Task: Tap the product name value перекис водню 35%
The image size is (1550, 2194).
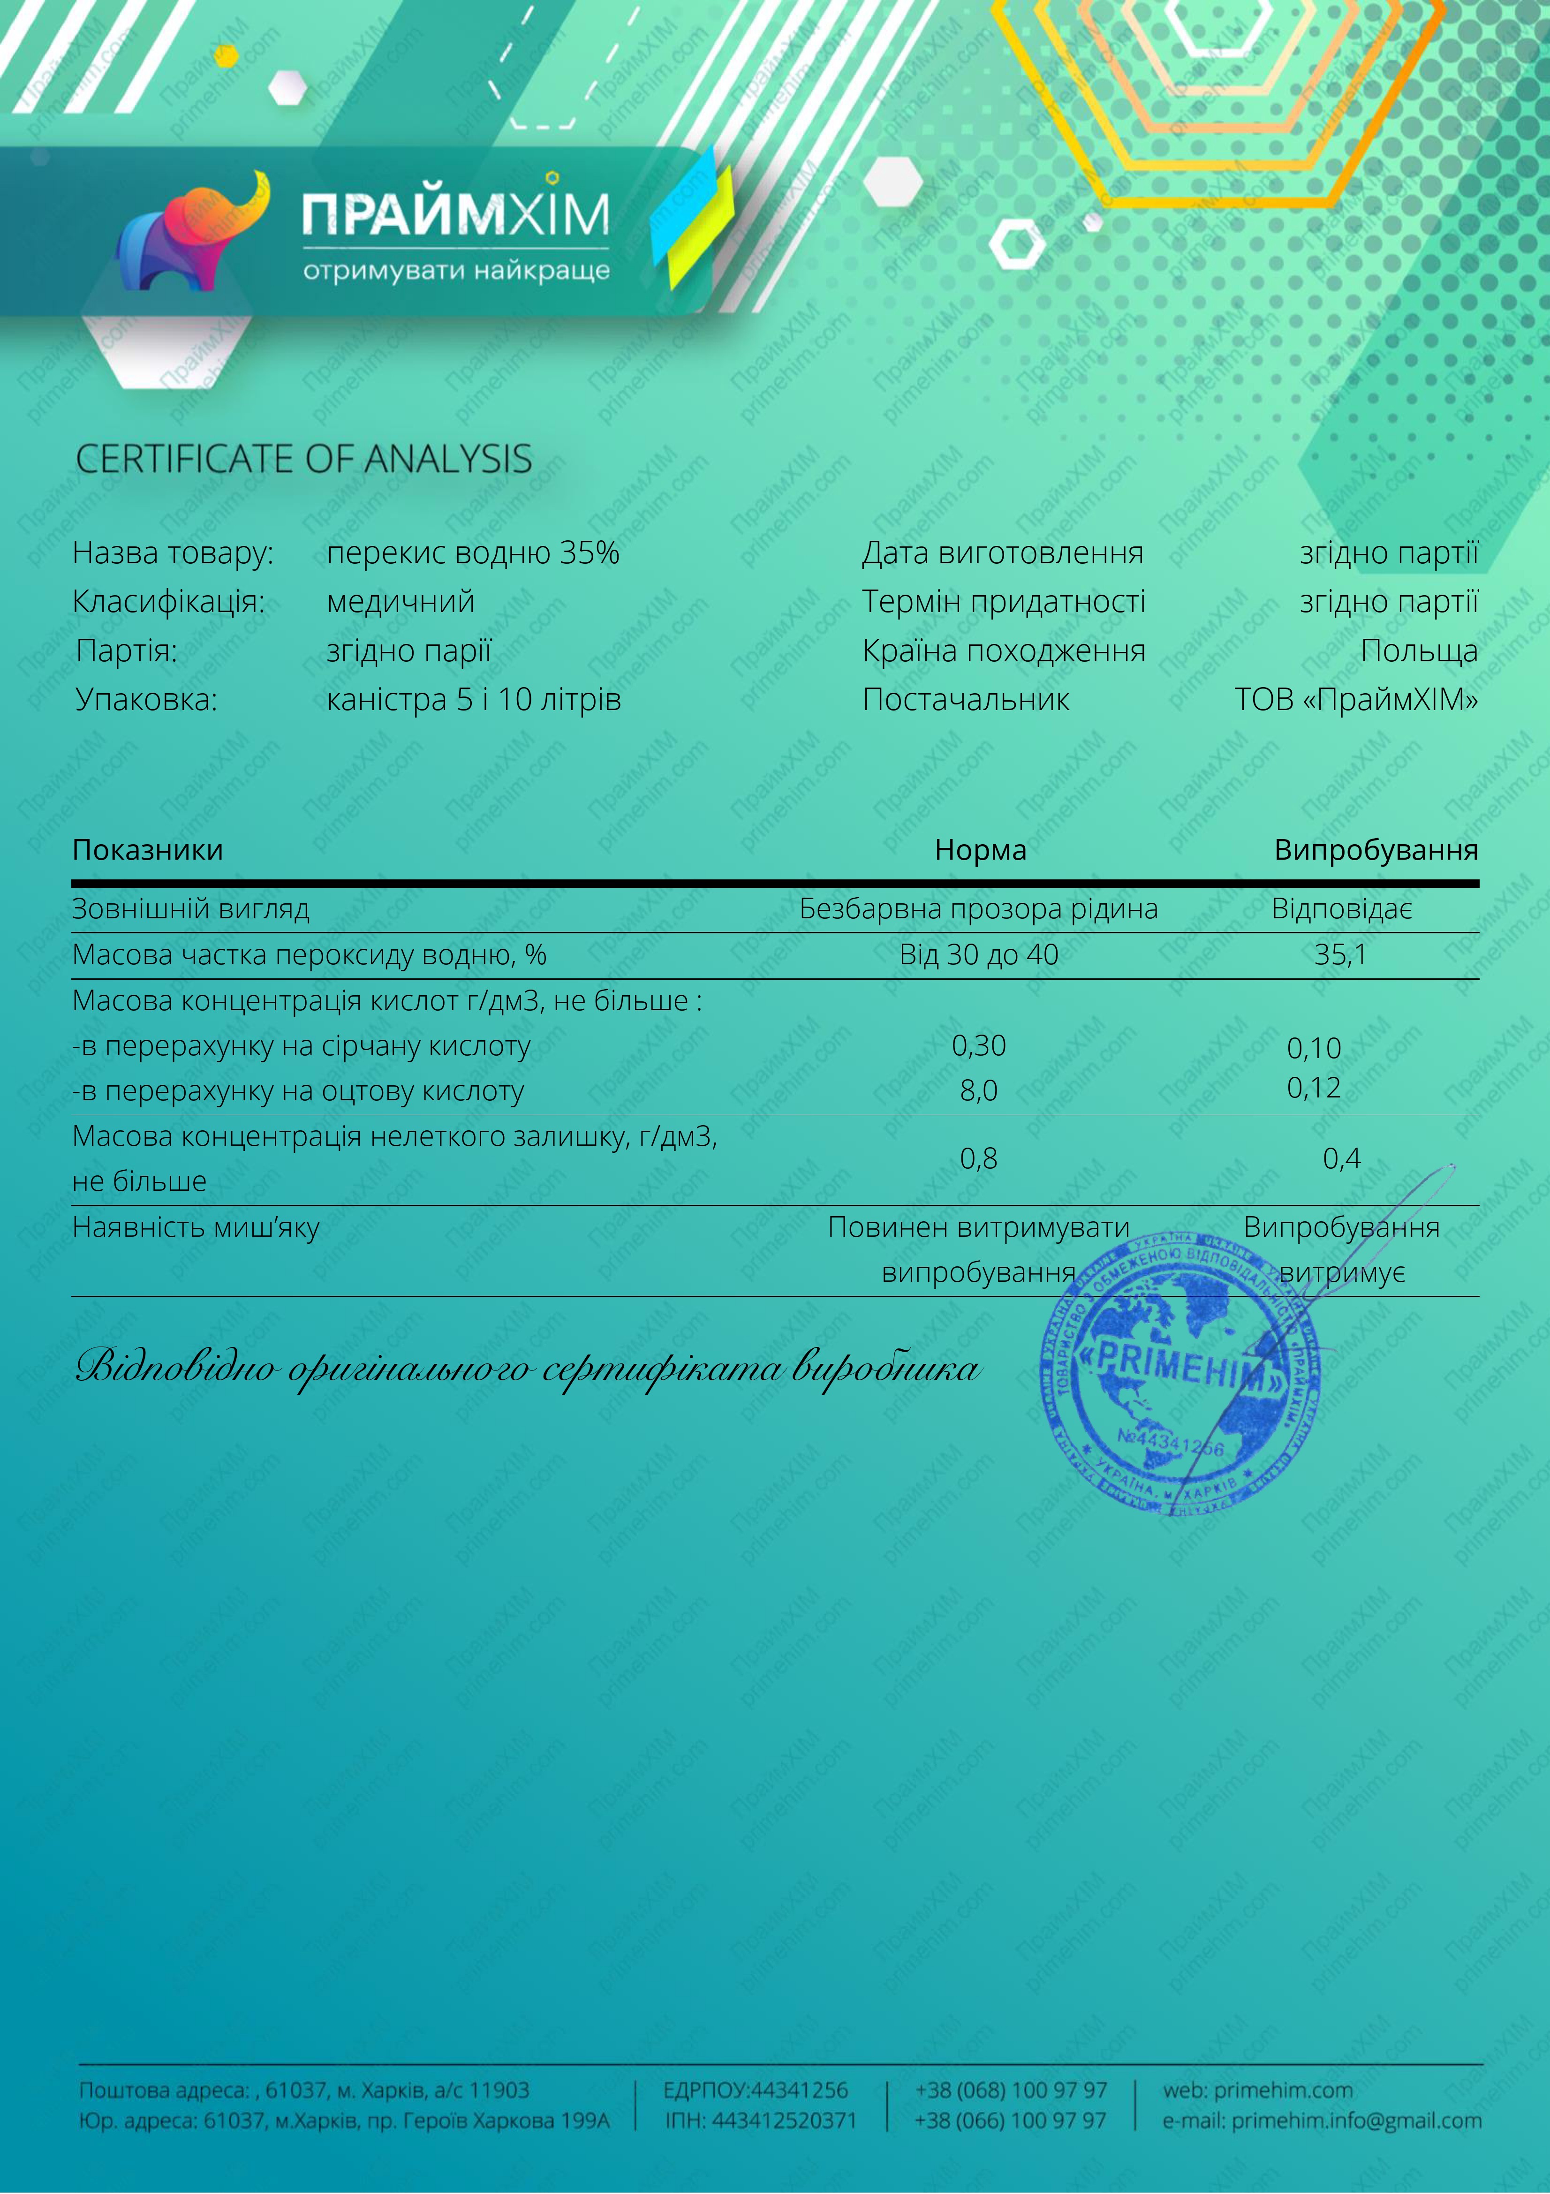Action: coord(473,553)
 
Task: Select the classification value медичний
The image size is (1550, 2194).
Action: coord(401,602)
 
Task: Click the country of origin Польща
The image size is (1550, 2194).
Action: coord(1419,651)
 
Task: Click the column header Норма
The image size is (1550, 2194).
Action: coord(981,849)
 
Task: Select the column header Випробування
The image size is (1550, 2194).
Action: coord(1376,849)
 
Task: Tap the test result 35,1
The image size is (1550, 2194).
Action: coord(1341,954)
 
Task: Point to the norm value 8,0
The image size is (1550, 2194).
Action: coord(979,1090)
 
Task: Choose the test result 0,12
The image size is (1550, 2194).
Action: coord(1314,1088)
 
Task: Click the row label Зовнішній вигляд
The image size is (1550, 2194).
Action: coord(191,909)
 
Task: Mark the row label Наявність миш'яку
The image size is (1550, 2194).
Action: coord(196,1227)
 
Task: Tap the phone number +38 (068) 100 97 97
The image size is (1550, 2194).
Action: coord(1011,2090)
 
